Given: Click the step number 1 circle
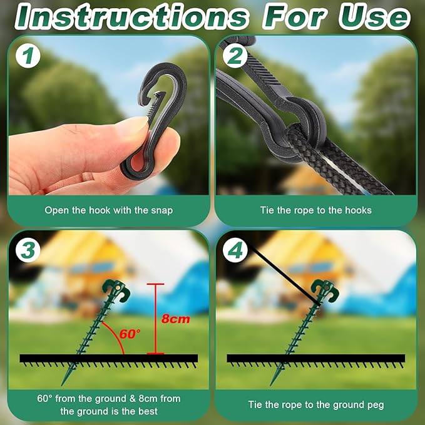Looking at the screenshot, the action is coord(28,56).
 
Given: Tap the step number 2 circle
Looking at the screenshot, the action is coord(235,56).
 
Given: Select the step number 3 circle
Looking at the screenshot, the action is coord(28,250).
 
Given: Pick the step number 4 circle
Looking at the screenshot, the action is coord(235,250).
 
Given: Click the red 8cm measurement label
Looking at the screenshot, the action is coord(176,319).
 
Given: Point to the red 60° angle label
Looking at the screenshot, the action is coord(130,334).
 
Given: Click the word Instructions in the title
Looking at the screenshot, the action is coord(131,17).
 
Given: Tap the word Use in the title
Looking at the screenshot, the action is coord(374,17).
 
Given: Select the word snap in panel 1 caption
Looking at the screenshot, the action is coord(162,210).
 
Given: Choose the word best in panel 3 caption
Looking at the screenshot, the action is coord(148,411).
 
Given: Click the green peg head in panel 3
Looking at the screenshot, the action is coord(116,290).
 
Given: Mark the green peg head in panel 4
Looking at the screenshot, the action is coord(325,290).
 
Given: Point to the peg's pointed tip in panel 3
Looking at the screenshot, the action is coord(62,385).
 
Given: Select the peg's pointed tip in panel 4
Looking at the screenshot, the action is coord(270,385).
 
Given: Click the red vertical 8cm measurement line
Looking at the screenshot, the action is coord(156,319).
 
